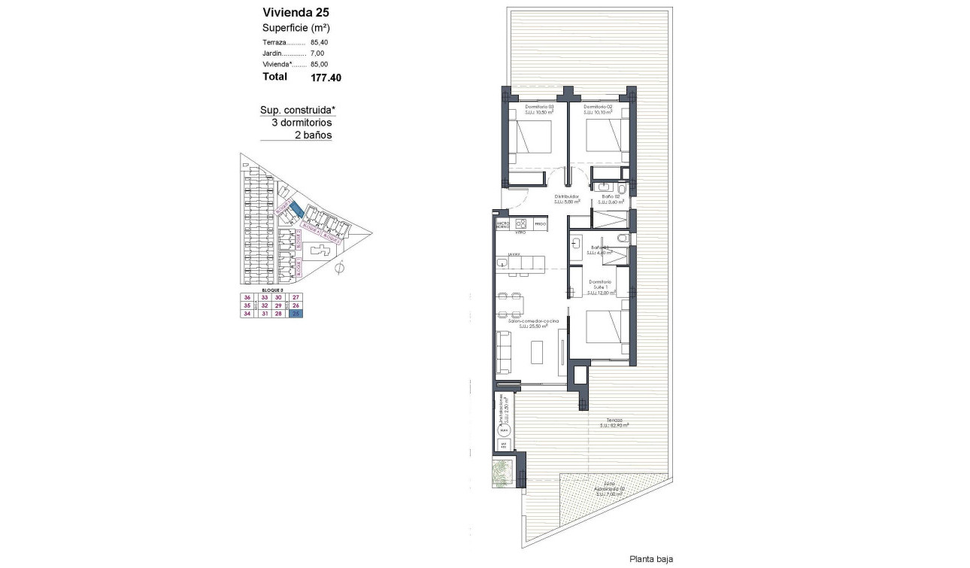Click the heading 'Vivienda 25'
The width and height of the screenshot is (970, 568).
[x=296, y=12]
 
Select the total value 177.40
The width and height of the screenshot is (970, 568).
[x=326, y=77]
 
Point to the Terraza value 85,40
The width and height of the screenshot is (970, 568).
[x=320, y=42]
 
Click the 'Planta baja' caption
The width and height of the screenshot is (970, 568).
[x=650, y=559]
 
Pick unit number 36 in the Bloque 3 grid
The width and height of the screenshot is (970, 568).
[x=247, y=297]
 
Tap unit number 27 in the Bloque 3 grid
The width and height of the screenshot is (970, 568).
[x=296, y=297]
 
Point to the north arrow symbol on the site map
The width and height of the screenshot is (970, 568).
[x=341, y=267]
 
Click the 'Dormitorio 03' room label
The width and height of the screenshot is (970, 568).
[x=540, y=108]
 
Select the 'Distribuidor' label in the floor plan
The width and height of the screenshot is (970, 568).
[x=566, y=196]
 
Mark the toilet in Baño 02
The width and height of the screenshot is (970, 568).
[x=623, y=187]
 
